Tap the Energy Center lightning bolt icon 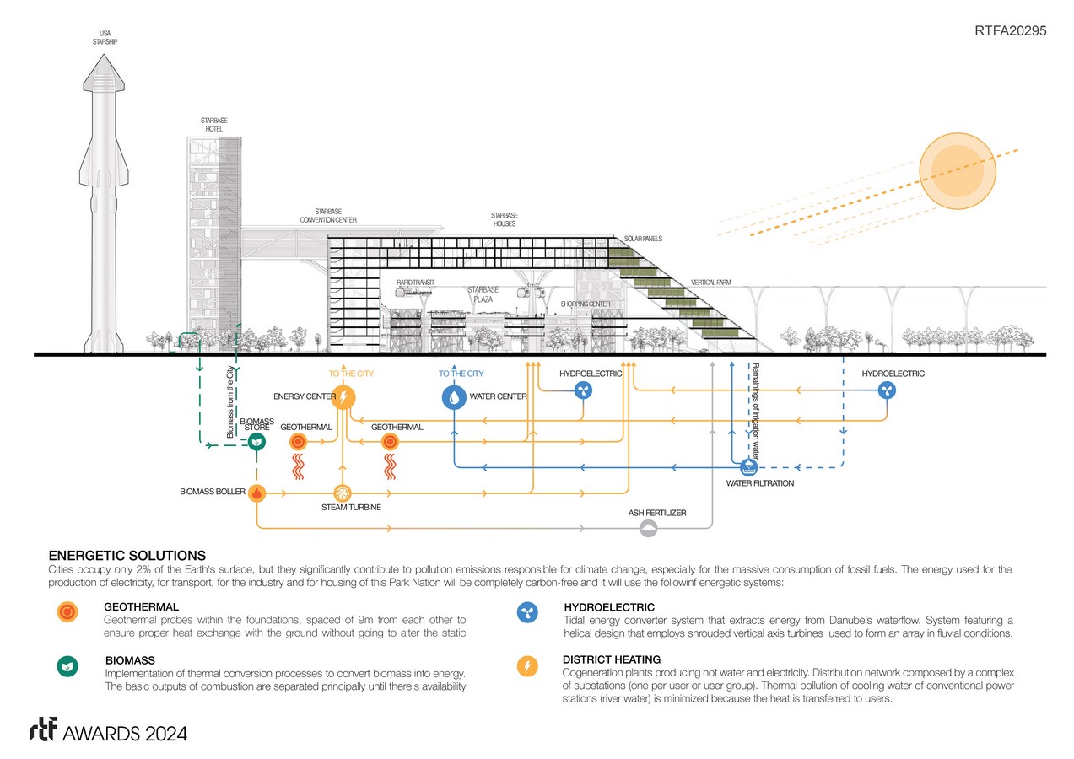[343, 397]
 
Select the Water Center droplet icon [454, 397]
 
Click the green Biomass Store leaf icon [257, 441]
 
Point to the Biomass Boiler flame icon [257, 493]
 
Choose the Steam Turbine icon [343, 493]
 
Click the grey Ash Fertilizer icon [648, 528]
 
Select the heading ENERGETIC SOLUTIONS [127, 556]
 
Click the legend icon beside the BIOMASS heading [65, 665]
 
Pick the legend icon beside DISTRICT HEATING [527, 667]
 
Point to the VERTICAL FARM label [710, 283]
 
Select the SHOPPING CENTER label [585, 304]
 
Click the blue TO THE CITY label [461, 374]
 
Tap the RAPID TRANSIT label [415, 283]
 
